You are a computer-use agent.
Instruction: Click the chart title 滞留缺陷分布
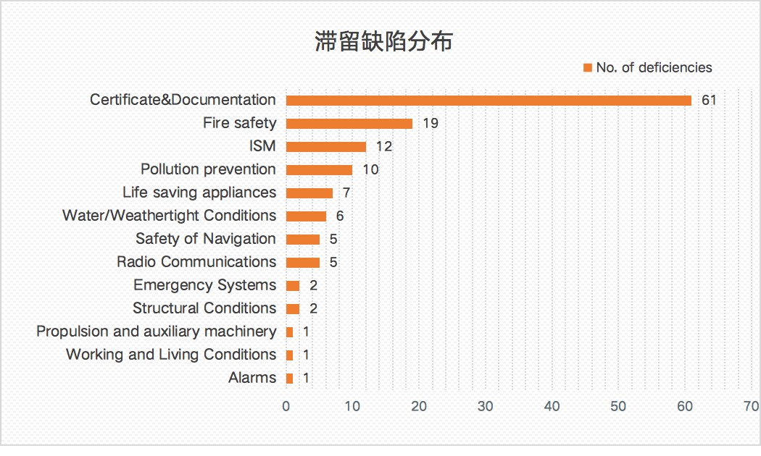point(383,41)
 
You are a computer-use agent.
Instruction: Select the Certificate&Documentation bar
point(488,101)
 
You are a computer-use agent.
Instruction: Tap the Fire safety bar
point(349,124)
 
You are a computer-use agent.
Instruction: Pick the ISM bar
point(326,147)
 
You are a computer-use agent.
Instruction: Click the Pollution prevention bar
point(319,170)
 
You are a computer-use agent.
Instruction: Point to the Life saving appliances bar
point(309,193)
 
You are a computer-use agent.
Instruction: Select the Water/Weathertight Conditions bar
point(306,216)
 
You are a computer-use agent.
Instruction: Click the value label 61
point(708,100)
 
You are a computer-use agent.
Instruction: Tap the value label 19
point(430,123)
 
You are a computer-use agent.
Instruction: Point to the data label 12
point(383,146)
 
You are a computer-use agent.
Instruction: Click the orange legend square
point(588,68)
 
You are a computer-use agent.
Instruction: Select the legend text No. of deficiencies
point(654,67)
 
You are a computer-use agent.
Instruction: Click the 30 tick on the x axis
point(486,406)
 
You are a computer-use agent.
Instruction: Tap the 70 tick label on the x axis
point(751,406)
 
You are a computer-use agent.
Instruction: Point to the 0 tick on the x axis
point(286,406)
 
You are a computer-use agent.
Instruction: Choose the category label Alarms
point(252,377)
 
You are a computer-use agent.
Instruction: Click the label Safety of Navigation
point(206,238)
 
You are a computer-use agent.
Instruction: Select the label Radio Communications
point(196,261)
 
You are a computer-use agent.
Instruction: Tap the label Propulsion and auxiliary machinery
point(157,331)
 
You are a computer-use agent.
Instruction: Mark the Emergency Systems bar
point(293,286)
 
